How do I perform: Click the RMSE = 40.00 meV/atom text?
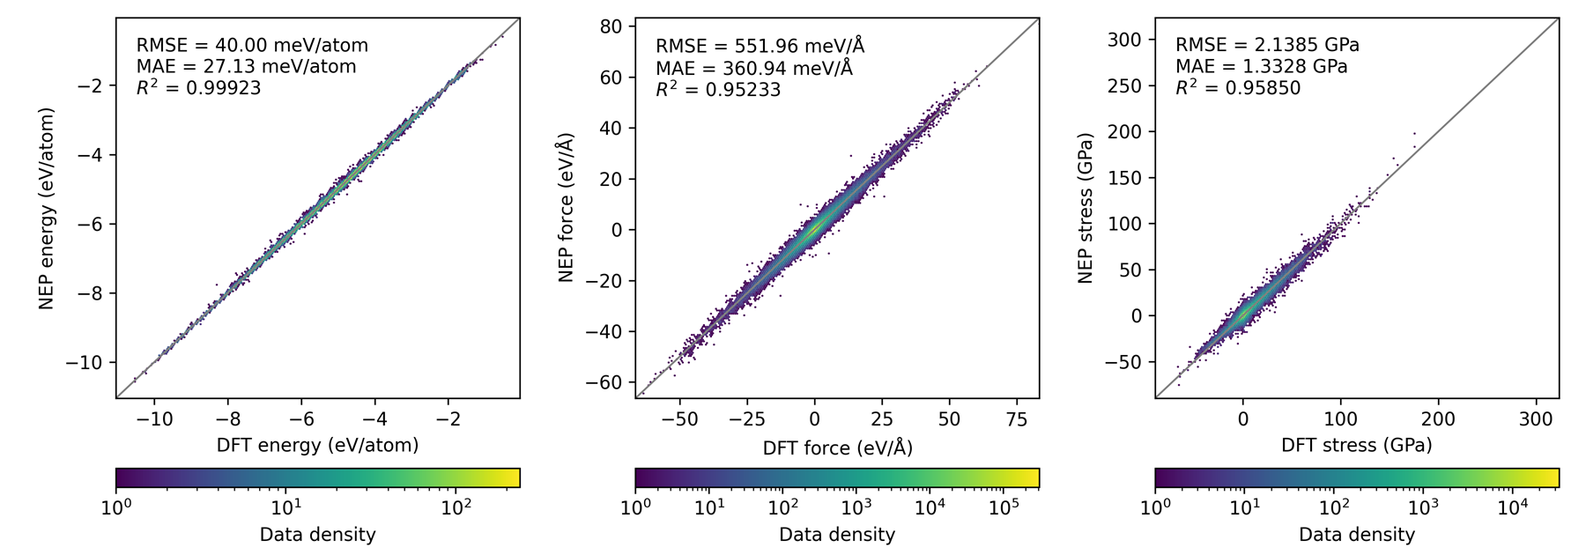tap(252, 45)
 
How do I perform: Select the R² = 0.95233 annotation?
tap(717, 89)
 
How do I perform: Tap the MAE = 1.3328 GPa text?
tap(1261, 67)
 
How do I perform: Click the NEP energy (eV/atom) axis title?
tap(47, 208)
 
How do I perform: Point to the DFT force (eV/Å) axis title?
tap(837, 448)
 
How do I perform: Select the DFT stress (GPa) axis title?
tap(1356, 446)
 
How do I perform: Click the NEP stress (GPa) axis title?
tap(1086, 208)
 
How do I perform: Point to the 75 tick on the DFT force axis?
tap(1016, 419)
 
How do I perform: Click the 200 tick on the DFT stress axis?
tap(1438, 419)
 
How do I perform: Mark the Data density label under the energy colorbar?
tap(317, 535)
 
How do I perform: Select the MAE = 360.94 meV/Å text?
tap(753, 67)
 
